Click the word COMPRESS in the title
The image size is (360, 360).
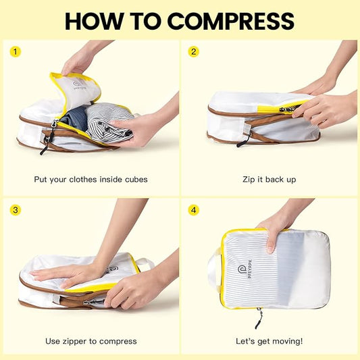[230, 21]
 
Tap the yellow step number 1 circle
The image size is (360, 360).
[14, 51]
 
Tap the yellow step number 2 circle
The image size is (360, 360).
[194, 51]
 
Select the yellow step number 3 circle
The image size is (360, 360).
[14, 210]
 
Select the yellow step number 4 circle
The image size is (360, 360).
[194, 210]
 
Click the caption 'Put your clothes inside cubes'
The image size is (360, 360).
[91, 180]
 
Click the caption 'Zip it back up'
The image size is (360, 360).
[269, 180]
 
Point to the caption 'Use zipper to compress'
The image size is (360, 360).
[90, 341]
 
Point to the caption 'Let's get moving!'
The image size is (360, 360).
[269, 341]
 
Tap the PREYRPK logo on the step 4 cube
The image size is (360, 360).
[242, 271]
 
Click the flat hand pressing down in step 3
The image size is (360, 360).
[64, 274]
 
